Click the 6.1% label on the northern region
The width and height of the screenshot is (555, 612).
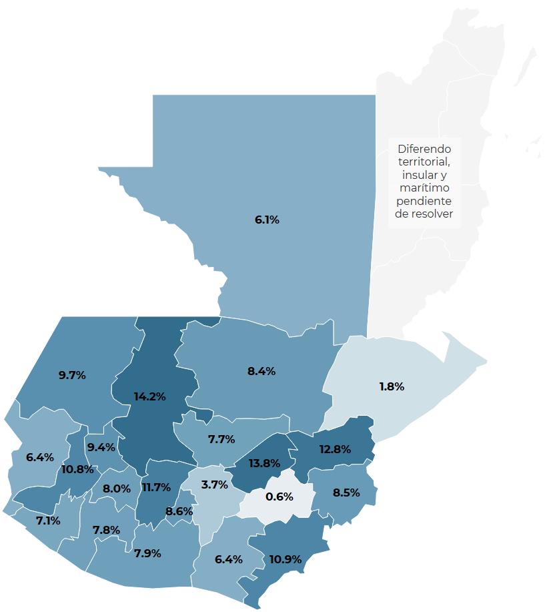point(267,220)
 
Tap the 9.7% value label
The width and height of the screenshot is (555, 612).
point(72,375)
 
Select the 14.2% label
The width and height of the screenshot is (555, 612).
point(149,396)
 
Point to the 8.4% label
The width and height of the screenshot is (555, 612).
point(261,371)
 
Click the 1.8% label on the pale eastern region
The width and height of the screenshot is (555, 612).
point(392,386)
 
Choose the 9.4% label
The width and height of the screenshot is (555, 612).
point(101,447)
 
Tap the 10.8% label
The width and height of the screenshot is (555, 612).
point(77,469)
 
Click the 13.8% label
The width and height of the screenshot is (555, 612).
point(263,463)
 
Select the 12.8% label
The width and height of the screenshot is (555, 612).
point(335,449)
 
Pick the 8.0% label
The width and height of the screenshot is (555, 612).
point(117,489)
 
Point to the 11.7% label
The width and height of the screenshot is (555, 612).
point(156,487)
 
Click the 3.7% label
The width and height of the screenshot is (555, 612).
point(215,485)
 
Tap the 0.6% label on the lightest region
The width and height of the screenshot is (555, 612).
point(279,497)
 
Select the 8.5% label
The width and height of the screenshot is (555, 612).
point(346,493)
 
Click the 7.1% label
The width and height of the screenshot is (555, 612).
point(48,521)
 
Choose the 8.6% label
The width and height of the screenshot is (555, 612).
point(179,511)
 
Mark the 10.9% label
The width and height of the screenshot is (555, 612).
point(285,559)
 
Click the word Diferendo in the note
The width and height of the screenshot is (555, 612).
point(424,149)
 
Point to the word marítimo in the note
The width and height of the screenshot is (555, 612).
point(424,188)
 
